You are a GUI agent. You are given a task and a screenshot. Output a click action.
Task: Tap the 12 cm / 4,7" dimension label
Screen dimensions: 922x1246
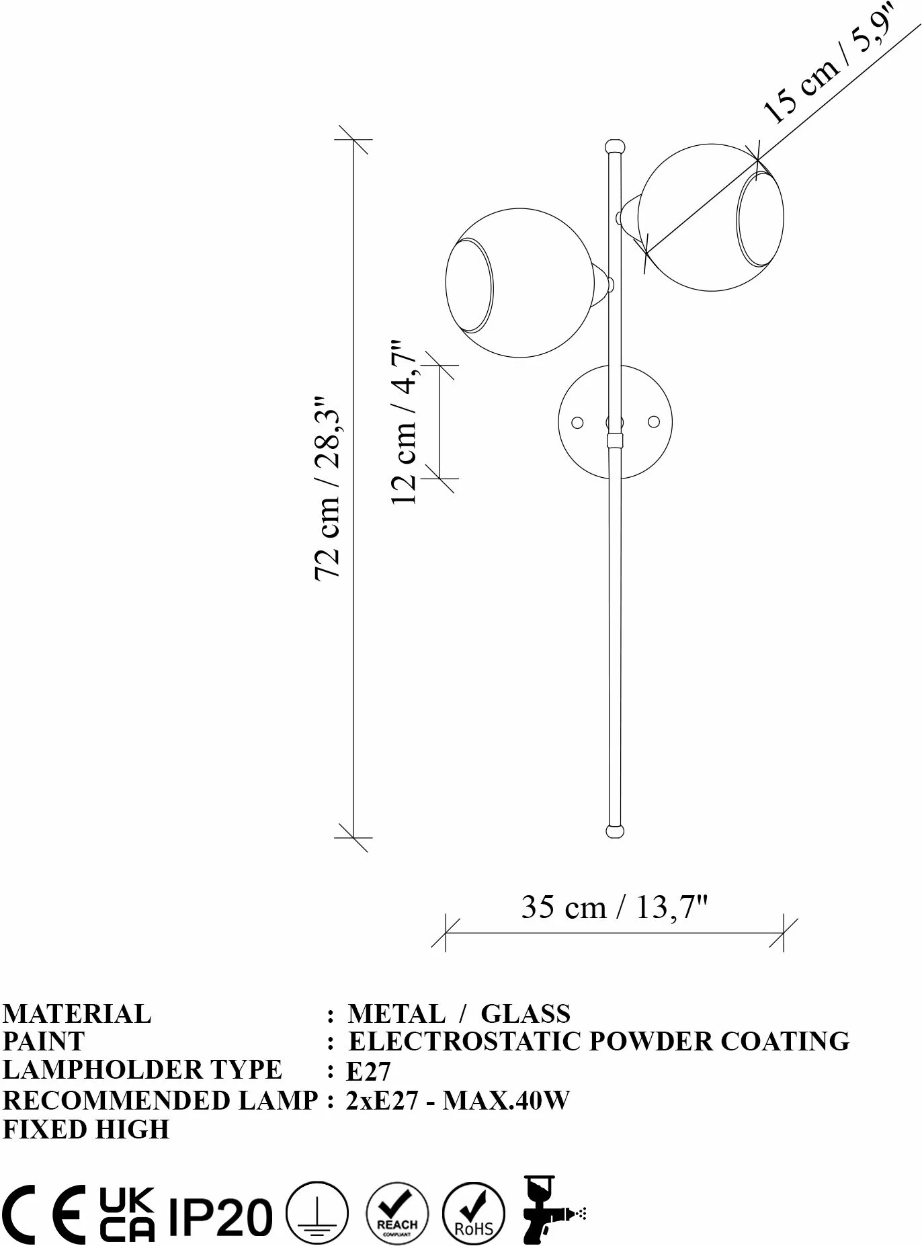pyautogui.click(x=405, y=422)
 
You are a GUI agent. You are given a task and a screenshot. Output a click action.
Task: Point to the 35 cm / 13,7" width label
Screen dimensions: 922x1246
pyautogui.click(x=615, y=907)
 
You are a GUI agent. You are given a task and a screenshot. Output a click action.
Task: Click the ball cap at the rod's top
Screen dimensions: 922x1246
pyautogui.click(x=615, y=147)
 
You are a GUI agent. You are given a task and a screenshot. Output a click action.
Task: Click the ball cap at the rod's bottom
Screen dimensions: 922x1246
pyautogui.click(x=615, y=831)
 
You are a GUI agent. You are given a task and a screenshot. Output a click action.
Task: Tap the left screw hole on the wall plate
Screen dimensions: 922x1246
pyautogui.click(x=577, y=422)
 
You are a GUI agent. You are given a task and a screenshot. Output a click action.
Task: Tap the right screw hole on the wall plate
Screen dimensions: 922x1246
pyautogui.click(x=653, y=422)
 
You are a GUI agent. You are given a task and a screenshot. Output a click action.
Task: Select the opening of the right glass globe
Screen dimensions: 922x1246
pyautogui.click(x=760, y=218)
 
